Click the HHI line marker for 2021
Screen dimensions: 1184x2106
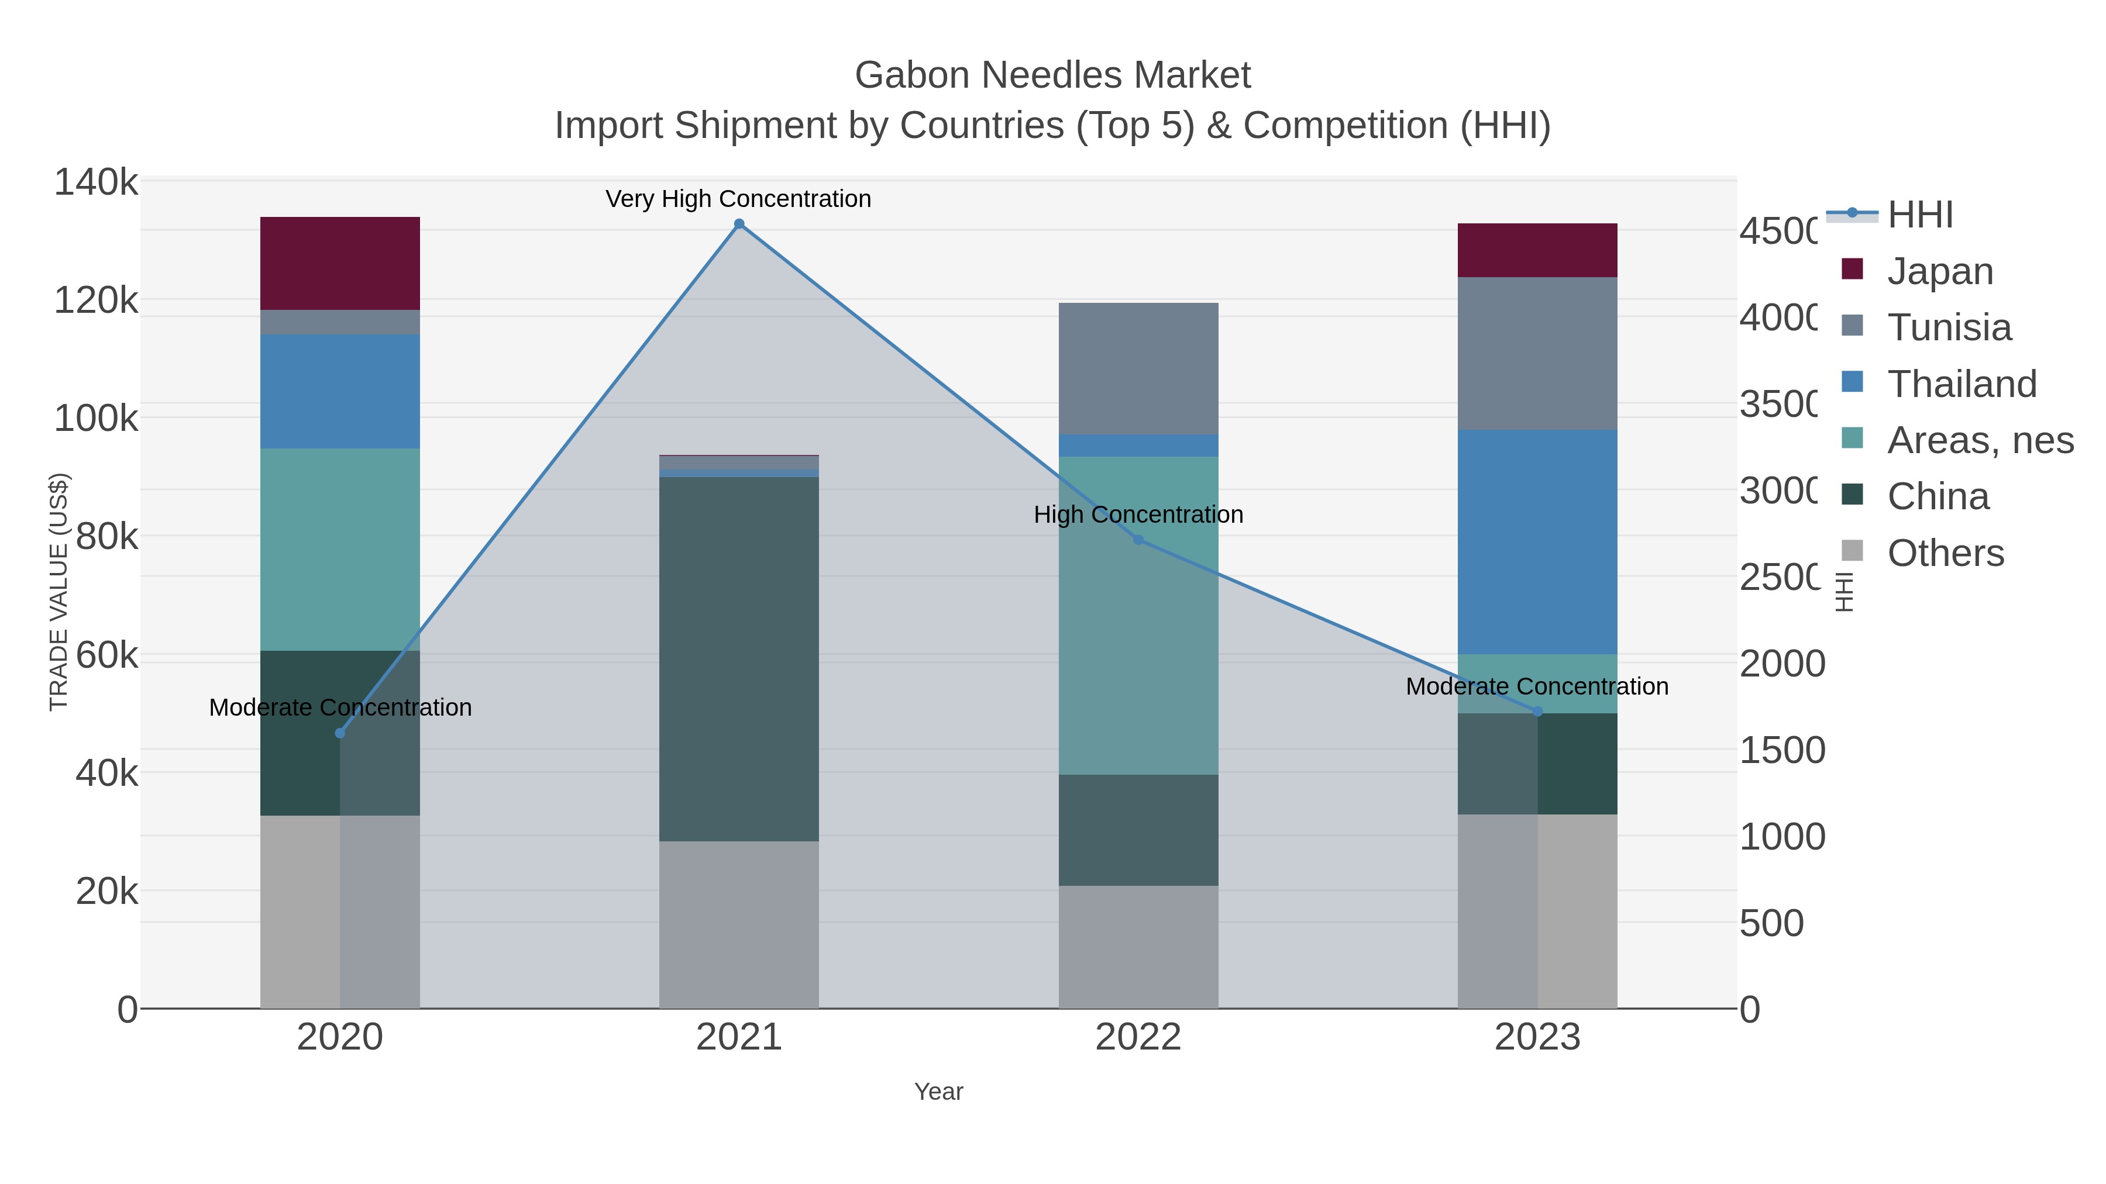click(739, 224)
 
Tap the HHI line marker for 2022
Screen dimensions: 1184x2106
click(1138, 540)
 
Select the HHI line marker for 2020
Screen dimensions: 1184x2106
click(340, 733)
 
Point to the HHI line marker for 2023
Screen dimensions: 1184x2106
click(1537, 712)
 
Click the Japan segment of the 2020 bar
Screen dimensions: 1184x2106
click(340, 263)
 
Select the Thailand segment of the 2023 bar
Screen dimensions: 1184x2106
click(1537, 542)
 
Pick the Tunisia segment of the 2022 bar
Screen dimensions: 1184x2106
click(1138, 368)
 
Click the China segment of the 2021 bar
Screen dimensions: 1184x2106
click(739, 658)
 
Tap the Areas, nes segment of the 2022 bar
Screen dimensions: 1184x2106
click(1138, 615)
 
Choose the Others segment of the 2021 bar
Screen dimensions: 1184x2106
click(739, 924)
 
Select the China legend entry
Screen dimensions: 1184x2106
click(1938, 497)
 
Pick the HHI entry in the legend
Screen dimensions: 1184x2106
click(1919, 215)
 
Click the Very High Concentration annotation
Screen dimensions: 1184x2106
click(738, 199)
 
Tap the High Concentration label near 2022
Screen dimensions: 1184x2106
click(1138, 515)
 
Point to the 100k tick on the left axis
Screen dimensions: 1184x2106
click(96, 419)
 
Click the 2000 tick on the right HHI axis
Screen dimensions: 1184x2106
click(1781, 664)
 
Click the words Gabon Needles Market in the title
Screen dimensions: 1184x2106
click(1052, 75)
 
